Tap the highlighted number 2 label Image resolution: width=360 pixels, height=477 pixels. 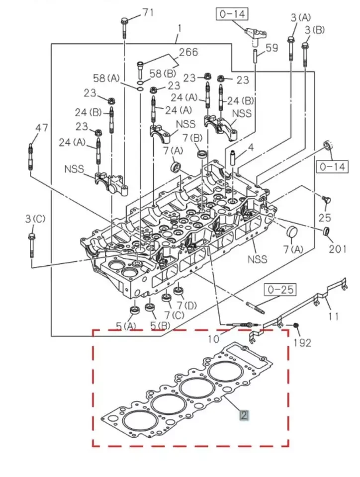tap(244, 415)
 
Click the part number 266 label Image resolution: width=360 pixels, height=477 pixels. tap(188, 52)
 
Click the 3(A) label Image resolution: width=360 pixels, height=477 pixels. tap(300, 17)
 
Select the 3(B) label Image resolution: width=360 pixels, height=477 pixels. tap(314, 29)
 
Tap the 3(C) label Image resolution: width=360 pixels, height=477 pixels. tap(35, 218)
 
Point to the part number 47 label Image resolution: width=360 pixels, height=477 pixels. tap(42, 128)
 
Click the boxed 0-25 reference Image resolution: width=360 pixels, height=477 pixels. tap(281, 289)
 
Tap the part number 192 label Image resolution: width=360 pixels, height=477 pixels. tap(302, 342)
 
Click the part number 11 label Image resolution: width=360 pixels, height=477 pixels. tap(334, 315)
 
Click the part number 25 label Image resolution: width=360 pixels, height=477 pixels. tap(324, 218)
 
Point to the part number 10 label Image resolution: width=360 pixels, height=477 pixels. tap(212, 339)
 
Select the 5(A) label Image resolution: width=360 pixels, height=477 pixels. tap(125, 326)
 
